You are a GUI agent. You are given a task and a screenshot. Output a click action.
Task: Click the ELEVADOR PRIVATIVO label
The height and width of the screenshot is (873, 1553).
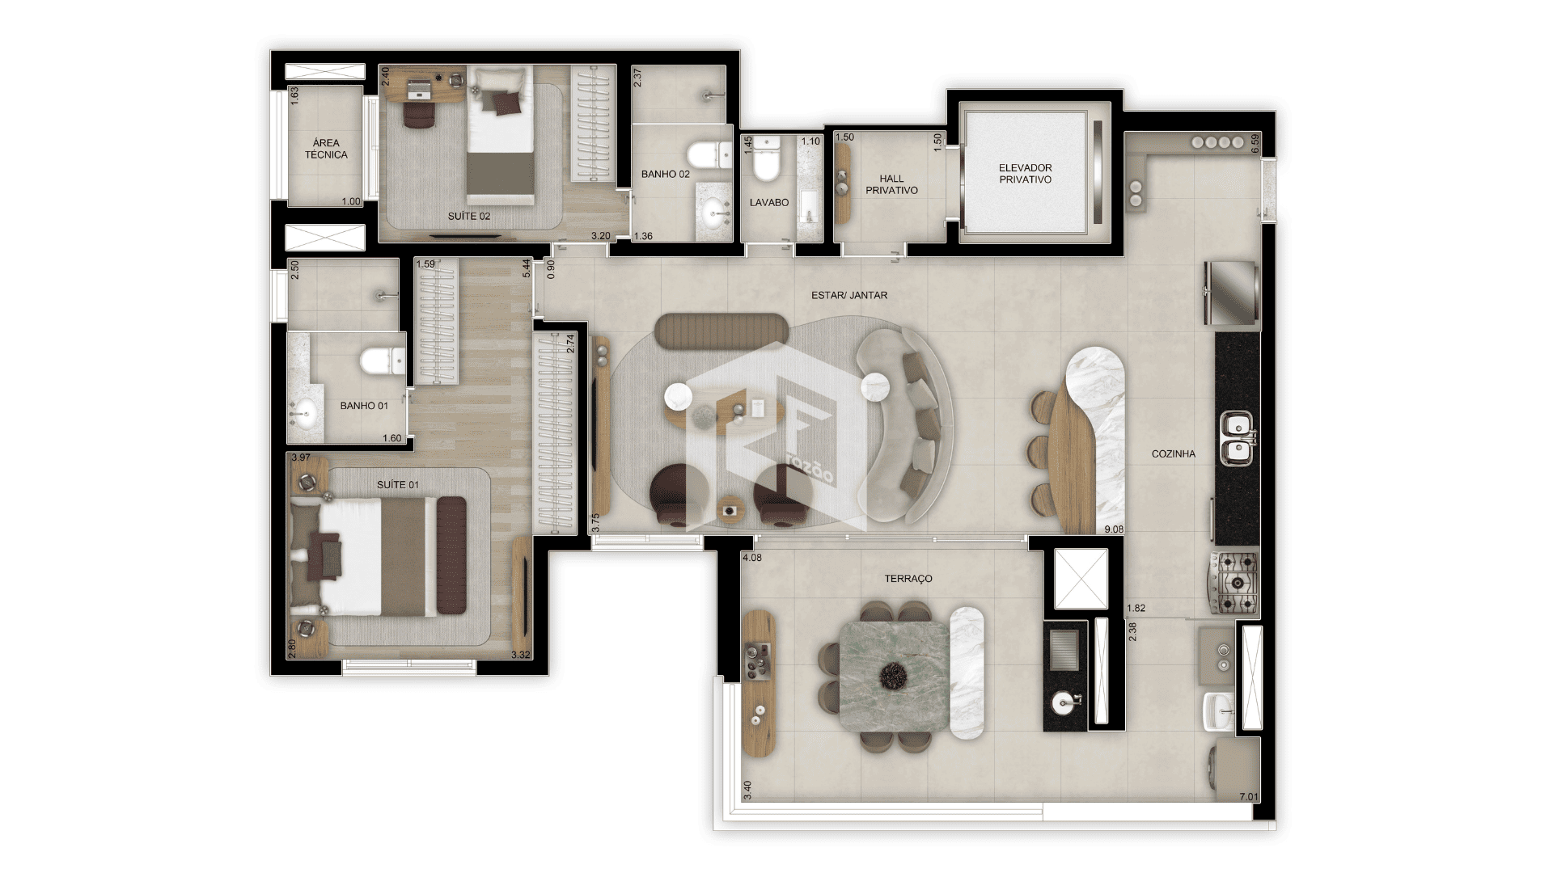click(x=1025, y=174)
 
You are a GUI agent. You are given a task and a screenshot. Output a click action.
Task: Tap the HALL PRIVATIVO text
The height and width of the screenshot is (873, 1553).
click(x=891, y=184)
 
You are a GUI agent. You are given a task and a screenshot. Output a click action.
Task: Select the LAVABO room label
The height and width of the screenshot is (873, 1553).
click(x=768, y=202)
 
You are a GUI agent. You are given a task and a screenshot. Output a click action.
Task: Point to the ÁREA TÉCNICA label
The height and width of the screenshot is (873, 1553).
click(x=326, y=149)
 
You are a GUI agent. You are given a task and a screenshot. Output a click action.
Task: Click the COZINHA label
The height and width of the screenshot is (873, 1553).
click(x=1173, y=454)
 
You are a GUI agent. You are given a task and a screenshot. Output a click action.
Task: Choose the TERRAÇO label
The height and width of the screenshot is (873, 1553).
click(x=908, y=579)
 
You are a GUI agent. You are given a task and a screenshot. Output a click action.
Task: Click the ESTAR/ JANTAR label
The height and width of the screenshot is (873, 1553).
click(x=849, y=296)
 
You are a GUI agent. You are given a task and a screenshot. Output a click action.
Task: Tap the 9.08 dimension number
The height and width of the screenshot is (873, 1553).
click(x=1114, y=530)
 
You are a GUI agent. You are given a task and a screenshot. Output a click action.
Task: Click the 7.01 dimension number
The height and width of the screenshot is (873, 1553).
click(x=1249, y=797)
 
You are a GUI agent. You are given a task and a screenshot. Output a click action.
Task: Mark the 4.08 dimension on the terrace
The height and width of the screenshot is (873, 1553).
click(x=752, y=558)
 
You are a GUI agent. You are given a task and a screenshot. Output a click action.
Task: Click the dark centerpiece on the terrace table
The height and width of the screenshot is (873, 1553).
click(x=893, y=676)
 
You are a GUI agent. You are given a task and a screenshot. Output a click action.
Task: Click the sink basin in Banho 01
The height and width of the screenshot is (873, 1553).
click(x=304, y=415)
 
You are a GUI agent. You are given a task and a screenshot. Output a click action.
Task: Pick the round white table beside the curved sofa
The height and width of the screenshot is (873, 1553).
click(x=875, y=386)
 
